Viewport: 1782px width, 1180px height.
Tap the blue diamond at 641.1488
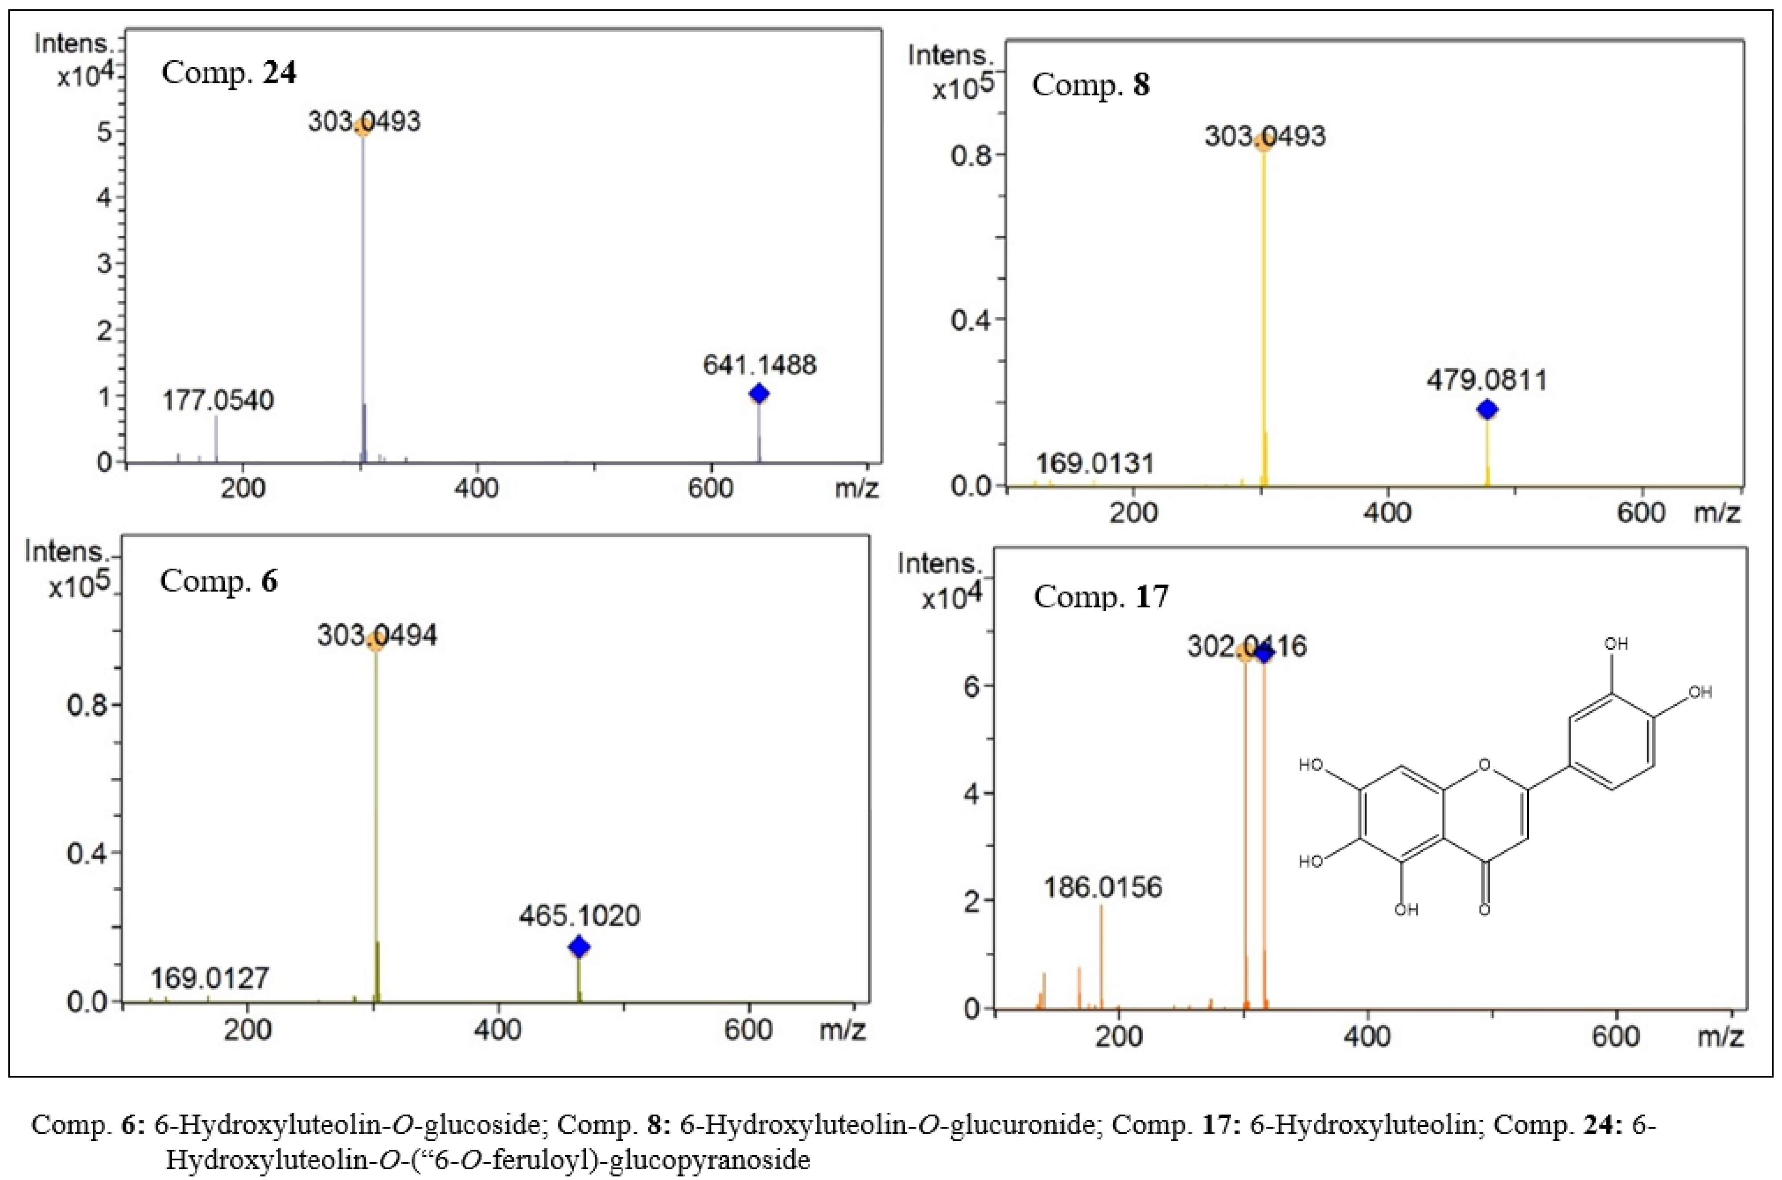tap(759, 393)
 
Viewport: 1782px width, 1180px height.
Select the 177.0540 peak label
tap(218, 400)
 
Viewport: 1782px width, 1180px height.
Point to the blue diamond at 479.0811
tap(1487, 410)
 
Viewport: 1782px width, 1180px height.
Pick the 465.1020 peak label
tap(579, 916)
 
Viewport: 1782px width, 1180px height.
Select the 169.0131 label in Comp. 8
tap(1095, 463)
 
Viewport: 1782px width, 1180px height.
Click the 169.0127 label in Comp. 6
tap(209, 978)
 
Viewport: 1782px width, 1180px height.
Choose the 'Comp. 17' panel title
tap(1101, 597)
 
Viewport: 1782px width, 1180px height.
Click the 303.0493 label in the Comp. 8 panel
tap(1265, 136)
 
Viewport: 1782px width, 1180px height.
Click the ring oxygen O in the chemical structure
tap(1484, 765)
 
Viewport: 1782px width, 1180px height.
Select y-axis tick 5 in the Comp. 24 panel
tap(105, 132)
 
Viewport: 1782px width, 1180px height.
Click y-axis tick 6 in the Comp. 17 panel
tap(971, 685)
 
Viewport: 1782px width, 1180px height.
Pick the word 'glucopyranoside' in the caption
tap(709, 1160)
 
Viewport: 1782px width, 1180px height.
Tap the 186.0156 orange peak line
tap(1101, 956)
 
